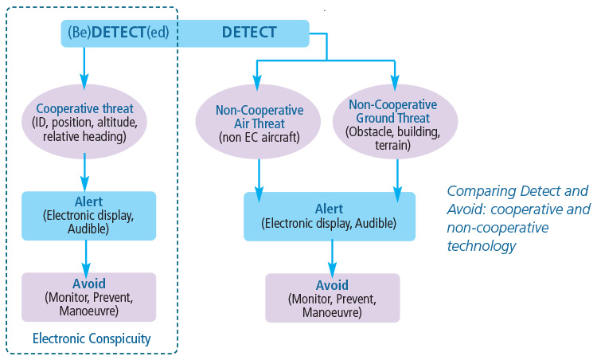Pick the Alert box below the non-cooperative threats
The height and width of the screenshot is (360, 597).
(329, 216)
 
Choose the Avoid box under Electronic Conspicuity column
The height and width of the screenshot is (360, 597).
(88, 297)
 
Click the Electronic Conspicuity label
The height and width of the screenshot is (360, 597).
(92, 338)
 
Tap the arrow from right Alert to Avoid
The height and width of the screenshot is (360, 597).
(332, 256)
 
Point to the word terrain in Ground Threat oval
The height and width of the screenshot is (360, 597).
(393, 146)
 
